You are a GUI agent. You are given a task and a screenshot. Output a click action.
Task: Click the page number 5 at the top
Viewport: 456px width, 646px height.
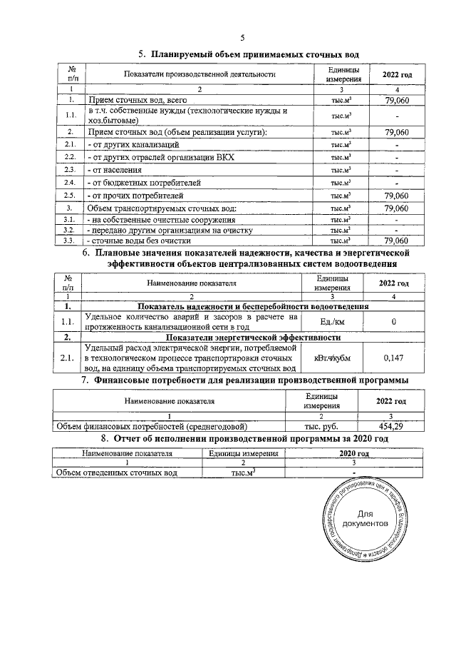(x=243, y=38)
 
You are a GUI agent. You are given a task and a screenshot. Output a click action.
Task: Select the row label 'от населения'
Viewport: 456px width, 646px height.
(x=114, y=170)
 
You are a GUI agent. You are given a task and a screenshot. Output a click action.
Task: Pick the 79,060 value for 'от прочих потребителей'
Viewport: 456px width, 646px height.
(x=395, y=196)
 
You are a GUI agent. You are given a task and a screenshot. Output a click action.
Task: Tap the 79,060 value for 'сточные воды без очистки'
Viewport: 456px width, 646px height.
(x=395, y=241)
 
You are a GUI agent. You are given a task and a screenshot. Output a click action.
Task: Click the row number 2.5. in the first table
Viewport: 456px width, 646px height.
(x=71, y=196)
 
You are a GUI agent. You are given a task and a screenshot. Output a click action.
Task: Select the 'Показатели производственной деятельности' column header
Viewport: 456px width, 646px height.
(x=199, y=75)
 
